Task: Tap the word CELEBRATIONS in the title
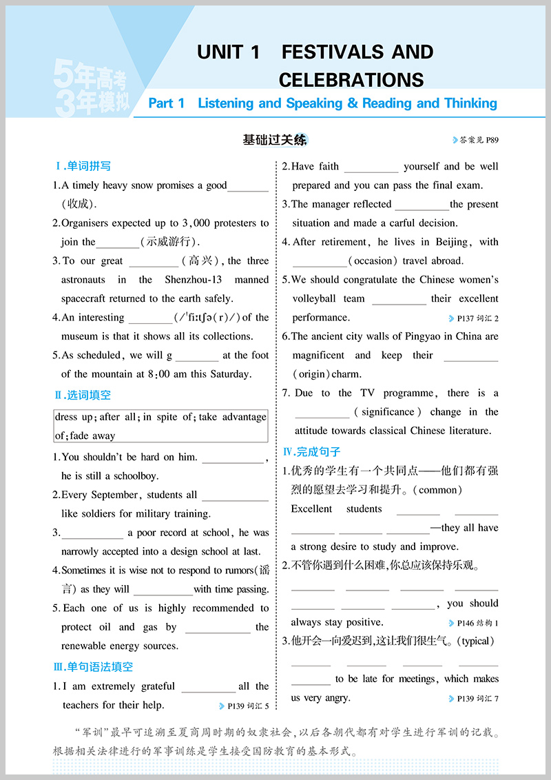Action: coord(351,80)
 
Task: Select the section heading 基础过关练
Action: coord(275,140)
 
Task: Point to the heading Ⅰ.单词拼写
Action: coord(83,166)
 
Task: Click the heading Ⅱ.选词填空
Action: coord(83,396)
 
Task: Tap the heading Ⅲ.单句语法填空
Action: coord(93,667)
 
